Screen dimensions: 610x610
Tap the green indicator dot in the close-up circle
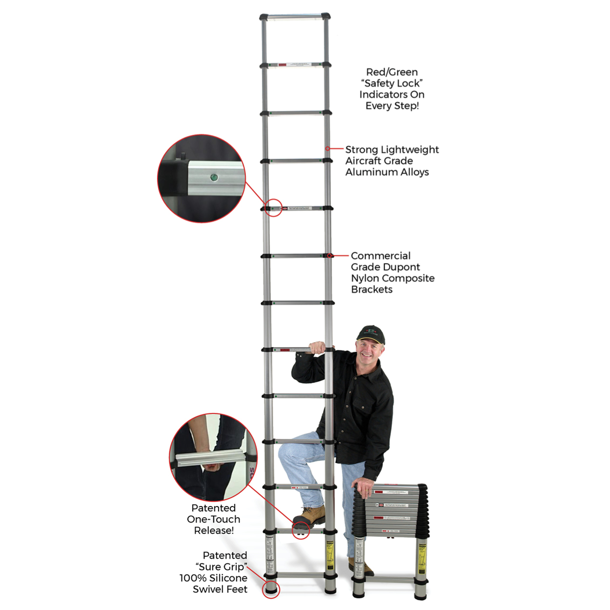(213, 177)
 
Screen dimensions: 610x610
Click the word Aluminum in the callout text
(370, 172)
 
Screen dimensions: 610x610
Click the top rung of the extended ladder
(295, 17)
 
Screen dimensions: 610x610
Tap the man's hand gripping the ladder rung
(317, 347)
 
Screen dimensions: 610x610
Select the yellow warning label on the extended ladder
(330, 554)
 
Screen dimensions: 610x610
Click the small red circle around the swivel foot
(271, 589)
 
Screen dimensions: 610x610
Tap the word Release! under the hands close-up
(214, 530)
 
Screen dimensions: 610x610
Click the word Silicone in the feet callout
(227, 578)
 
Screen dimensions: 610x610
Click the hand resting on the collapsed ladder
(364, 487)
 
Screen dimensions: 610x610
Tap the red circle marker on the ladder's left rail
(273, 208)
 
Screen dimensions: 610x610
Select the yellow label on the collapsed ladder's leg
(422, 557)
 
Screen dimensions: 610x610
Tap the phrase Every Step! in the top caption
(392, 106)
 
